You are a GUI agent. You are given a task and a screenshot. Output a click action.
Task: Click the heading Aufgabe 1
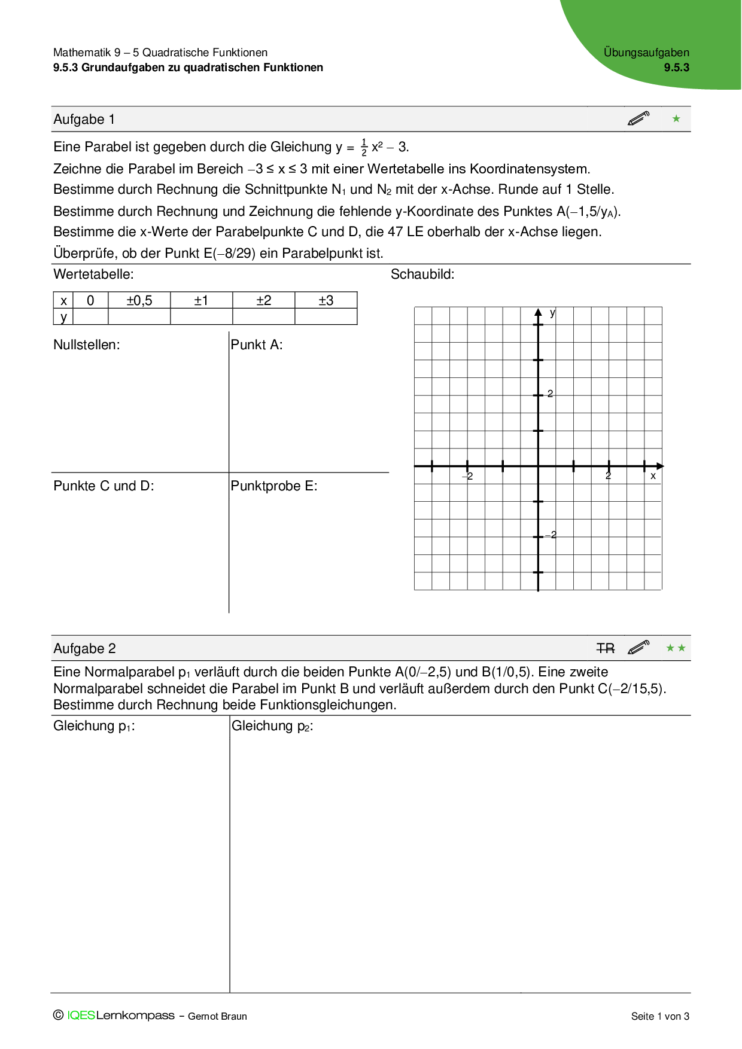[x=84, y=120]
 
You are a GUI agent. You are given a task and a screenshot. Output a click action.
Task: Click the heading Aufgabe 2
[x=84, y=649]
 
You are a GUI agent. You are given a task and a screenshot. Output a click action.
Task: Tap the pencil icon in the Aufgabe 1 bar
[x=638, y=118]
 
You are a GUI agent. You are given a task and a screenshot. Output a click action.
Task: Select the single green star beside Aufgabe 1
[x=676, y=119]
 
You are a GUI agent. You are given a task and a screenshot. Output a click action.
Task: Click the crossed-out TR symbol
[x=606, y=648]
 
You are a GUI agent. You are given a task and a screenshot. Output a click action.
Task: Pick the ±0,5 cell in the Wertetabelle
[x=139, y=300]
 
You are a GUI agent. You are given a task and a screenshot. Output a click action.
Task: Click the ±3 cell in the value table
[x=326, y=300]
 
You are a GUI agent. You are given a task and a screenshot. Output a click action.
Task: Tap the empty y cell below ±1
[x=201, y=316]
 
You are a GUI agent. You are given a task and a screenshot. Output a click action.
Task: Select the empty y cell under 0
[x=90, y=316]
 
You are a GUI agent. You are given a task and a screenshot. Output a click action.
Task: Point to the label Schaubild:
[x=422, y=275]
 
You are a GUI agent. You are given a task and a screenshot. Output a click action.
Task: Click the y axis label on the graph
[x=552, y=313]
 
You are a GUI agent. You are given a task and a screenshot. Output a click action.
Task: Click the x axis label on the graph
[x=653, y=476]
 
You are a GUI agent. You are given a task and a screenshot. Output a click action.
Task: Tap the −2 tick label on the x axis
[x=469, y=476]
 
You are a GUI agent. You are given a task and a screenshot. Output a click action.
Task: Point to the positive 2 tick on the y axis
[x=550, y=394]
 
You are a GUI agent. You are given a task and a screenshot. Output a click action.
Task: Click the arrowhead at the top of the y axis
[x=538, y=312]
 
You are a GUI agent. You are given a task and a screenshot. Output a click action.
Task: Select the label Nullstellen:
[x=87, y=345]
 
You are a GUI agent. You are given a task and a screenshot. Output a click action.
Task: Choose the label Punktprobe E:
[x=274, y=486]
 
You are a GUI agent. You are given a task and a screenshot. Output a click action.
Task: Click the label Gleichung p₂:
[x=272, y=726]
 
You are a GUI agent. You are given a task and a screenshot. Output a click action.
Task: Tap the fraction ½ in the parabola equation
[x=364, y=147]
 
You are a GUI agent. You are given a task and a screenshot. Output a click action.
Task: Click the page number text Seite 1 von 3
[x=660, y=1016]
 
